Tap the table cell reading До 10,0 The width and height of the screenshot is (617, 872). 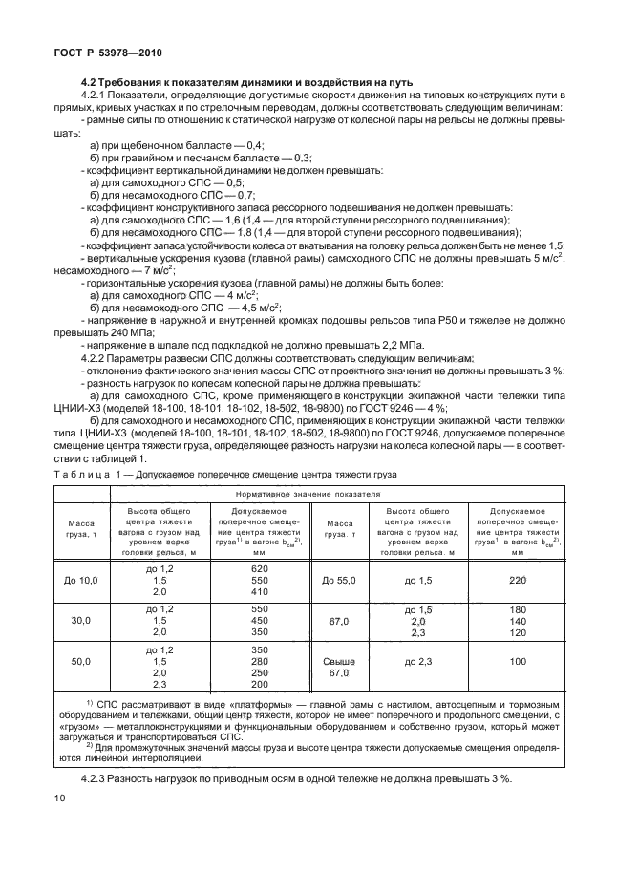click(x=81, y=579)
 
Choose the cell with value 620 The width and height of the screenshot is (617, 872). click(x=260, y=567)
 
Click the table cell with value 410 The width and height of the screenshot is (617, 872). click(x=260, y=591)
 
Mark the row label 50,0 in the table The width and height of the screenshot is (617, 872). click(x=81, y=660)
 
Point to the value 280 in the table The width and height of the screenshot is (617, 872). click(x=260, y=660)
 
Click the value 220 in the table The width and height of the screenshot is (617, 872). click(x=519, y=579)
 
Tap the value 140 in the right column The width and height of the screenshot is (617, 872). click(x=519, y=620)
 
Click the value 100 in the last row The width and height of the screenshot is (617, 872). click(x=519, y=660)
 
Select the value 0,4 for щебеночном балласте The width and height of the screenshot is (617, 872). click(x=255, y=144)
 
